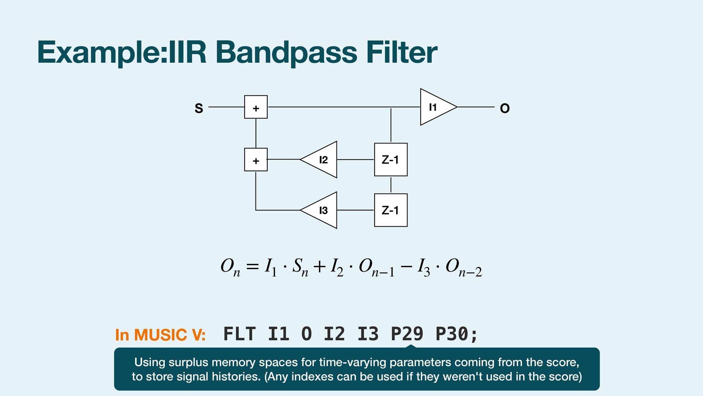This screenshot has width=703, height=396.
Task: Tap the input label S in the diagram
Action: pos(199,109)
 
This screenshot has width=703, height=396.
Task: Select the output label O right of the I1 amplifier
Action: pos(505,109)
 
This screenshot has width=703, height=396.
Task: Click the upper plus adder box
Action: pos(256,107)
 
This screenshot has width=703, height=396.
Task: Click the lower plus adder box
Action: pos(256,159)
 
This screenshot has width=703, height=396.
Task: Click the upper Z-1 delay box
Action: pos(391,159)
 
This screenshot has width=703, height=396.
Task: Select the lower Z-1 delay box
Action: pos(391,210)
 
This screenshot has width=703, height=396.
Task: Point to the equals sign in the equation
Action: pos(252,267)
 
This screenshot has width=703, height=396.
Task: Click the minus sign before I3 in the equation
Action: pos(406,266)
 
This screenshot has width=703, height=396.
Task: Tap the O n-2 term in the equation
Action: pos(463,267)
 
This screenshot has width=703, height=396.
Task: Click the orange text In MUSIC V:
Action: pos(160,335)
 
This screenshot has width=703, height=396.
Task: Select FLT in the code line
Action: pos(239,334)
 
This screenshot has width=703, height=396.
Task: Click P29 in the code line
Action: pos(407,334)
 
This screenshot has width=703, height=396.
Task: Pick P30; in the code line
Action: pos(457,334)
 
